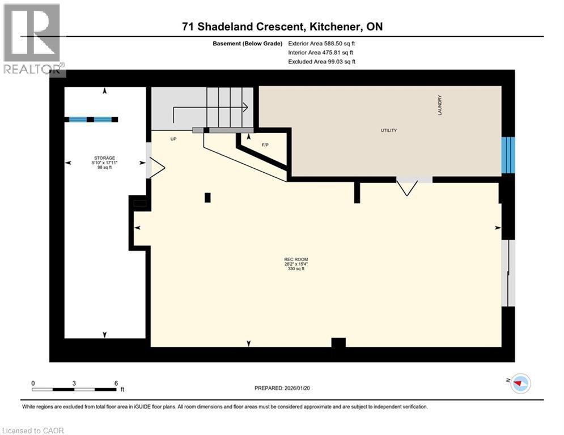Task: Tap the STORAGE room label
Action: (x=104, y=158)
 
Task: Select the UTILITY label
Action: (x=388, y=130)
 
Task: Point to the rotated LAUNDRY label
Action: (x=439, y=105)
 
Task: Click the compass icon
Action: (x=520, y=383)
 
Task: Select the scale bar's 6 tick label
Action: (x=116, y=383)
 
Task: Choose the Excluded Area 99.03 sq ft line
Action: (x=322, y=61)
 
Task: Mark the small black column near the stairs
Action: (x=207, y=197)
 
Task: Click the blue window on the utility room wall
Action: (x=508, y=155)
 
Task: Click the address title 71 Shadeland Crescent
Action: (x=283, y=27)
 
